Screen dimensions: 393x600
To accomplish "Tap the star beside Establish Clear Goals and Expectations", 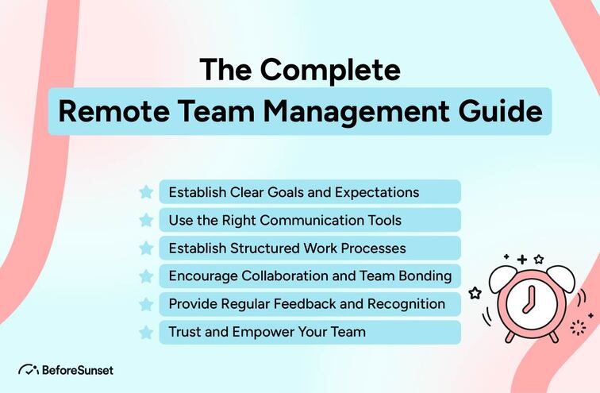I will [146, 192].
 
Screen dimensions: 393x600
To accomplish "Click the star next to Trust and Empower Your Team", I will [146, 332].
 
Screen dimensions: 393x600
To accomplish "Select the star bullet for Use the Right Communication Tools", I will [146, 220].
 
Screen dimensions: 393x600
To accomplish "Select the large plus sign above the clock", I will [521, 260].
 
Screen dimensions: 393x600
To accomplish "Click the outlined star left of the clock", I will [475, 293].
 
